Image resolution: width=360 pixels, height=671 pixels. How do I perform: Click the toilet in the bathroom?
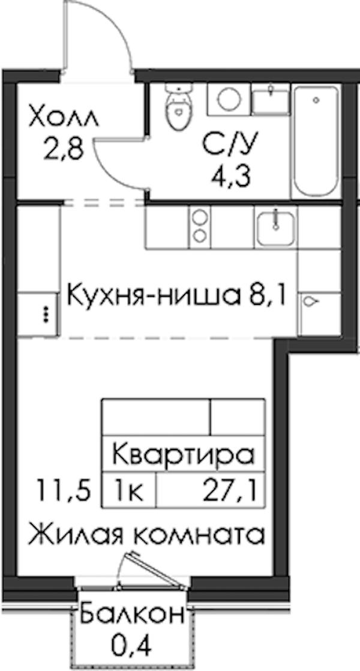(179, 107)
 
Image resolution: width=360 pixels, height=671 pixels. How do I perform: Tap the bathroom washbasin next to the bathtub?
(271, 99)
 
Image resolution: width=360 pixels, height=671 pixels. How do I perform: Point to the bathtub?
(316, 140)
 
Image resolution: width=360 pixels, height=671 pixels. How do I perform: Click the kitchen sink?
(276, 227)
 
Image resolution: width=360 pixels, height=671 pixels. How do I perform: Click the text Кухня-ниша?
(152, 295)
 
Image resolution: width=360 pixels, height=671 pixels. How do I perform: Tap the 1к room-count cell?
(128, 490)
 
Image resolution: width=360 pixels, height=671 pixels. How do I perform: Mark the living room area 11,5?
(64, 490)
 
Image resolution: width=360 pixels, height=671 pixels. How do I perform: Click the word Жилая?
(84, 535)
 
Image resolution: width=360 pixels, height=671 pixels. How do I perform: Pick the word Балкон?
(132, 613)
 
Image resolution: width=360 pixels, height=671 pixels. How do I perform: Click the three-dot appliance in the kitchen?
(38, 314)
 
